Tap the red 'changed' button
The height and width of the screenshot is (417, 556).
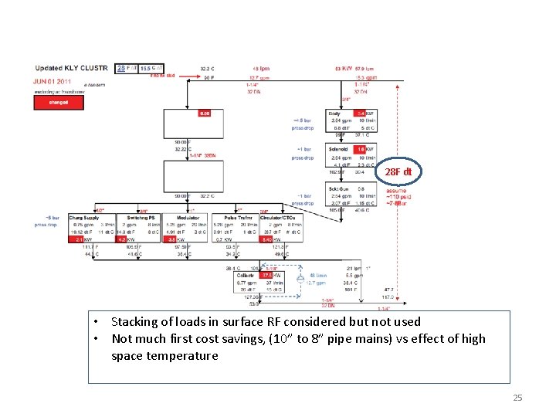[58, 101]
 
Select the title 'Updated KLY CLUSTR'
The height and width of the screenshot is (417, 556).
[73, 68]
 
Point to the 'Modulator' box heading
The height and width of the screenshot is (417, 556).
[188, 219]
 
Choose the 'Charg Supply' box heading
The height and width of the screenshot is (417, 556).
[84, 219]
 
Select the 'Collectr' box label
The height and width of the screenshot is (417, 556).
[246, 276]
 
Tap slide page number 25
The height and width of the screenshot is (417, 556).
[517, 398]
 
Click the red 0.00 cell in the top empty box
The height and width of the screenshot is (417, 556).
[204, 114]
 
